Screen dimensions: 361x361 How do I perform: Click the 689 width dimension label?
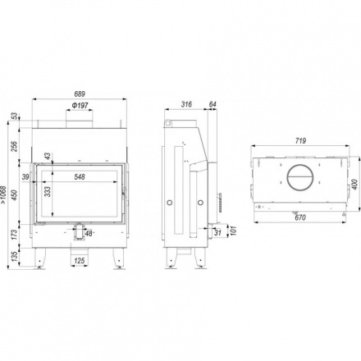[x=80, y=94]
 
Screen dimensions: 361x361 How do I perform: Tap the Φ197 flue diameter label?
[x=80, y=105]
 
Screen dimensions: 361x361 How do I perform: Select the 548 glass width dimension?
[x=80, y=177]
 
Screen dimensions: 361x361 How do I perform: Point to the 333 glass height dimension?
[x=48, y=191]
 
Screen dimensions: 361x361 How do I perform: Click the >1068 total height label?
[x=3, y=195]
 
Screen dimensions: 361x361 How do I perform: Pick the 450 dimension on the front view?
[x=14, y=194]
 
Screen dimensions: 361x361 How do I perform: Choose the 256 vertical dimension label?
[x=14, y=146]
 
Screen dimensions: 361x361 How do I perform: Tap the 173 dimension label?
[x=14, y=235]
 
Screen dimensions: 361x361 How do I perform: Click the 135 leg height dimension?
[x=14, y=255]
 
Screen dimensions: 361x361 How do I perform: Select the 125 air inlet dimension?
[x=80, y=260]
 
